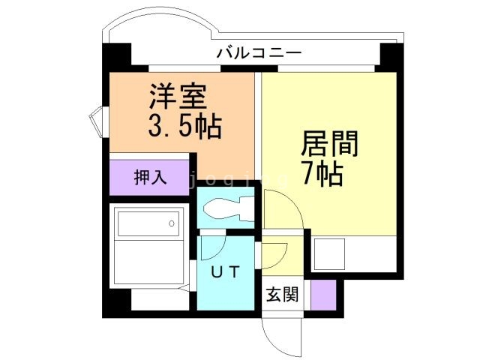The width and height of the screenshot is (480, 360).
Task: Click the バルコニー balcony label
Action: pos(259,53)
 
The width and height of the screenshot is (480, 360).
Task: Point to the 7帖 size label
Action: pos(322,174)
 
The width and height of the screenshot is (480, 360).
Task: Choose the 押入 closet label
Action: pos(149,178)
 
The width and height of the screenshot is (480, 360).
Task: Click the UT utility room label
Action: pos(224,272)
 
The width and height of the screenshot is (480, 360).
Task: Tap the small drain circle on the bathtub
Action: pos(172,223)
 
